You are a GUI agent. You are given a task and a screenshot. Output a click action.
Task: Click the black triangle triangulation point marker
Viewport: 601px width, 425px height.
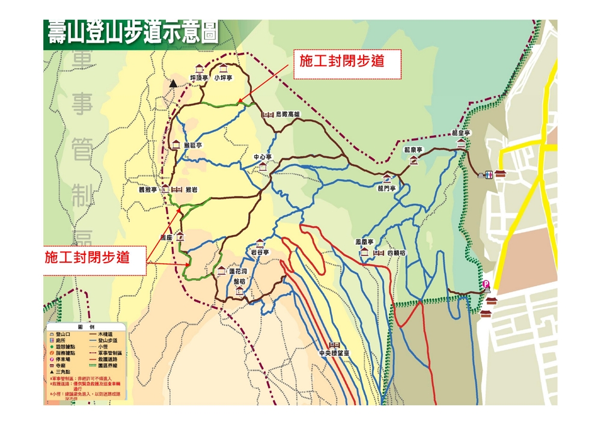[x=174, y=84]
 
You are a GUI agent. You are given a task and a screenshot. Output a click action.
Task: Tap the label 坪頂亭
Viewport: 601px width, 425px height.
[x=199, y=78]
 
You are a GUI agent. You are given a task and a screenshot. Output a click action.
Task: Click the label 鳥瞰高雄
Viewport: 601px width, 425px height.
[x=287, y=114]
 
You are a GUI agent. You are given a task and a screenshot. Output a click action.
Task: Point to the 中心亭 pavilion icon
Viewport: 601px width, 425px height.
[x=263, y=167]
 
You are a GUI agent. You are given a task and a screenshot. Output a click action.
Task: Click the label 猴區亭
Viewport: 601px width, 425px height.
[x=193, y=145]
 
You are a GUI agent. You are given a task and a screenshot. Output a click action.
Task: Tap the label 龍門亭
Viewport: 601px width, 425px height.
[x=388, y=189]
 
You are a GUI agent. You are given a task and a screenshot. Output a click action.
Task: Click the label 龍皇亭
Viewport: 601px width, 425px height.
[x=461, y=133]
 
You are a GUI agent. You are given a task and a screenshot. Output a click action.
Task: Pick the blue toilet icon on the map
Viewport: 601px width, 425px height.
[x=485, y=176]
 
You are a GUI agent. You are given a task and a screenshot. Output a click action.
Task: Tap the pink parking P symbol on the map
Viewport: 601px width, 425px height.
[x=486, y=284]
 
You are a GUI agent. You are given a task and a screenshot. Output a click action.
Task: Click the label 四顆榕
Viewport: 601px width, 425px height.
[x=397, y=252]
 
